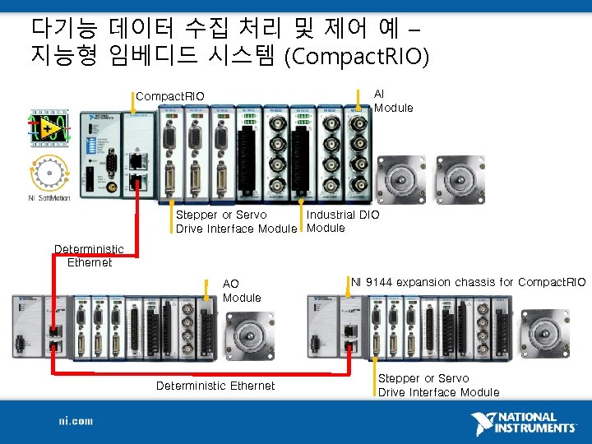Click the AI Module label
[393, 101]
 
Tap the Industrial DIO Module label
[342, 221]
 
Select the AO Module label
[242, 290]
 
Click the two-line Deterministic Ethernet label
[89, 256]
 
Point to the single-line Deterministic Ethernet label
[215, 386]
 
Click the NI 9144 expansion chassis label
[468, 282]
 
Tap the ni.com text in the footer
[75, 421]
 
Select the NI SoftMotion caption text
[49, 197]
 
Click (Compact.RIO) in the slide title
[356, 58]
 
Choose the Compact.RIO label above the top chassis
[169, 95]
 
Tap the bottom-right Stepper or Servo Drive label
[438, 386]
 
